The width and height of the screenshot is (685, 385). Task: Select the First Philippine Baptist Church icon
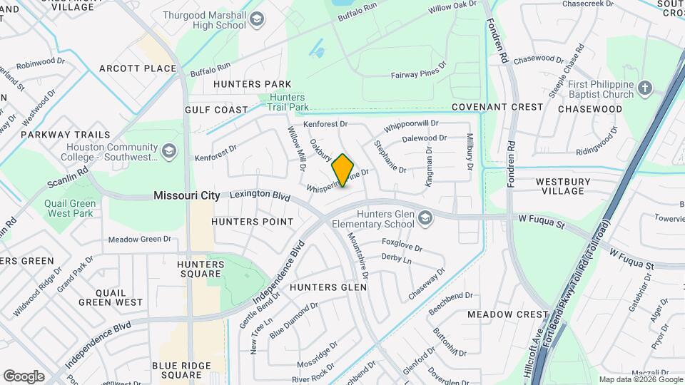tap(645, 88)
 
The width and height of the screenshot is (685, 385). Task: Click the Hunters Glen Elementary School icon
tap(425, 217)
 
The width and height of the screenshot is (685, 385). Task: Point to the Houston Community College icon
tap(169, 150)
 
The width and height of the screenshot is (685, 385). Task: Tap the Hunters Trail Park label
tap(288, 103)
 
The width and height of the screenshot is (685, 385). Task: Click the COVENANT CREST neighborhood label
tap(497, 107)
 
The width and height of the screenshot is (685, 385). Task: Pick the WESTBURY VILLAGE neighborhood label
tap(569, 186)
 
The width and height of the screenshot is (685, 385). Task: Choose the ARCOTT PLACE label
tap(138, 68)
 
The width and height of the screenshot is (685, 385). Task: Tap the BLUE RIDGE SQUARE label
tap(181, 370)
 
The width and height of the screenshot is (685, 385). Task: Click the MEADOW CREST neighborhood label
tap(507, 314)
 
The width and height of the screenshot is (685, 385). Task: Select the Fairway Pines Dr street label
tap(418, 71)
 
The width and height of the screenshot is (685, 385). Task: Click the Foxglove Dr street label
tap(402, 245)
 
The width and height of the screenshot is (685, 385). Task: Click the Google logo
tap(24, 376)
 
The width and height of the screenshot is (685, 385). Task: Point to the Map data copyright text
tap(639, 379)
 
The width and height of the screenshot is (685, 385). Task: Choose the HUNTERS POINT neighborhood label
tap(253, 222)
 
